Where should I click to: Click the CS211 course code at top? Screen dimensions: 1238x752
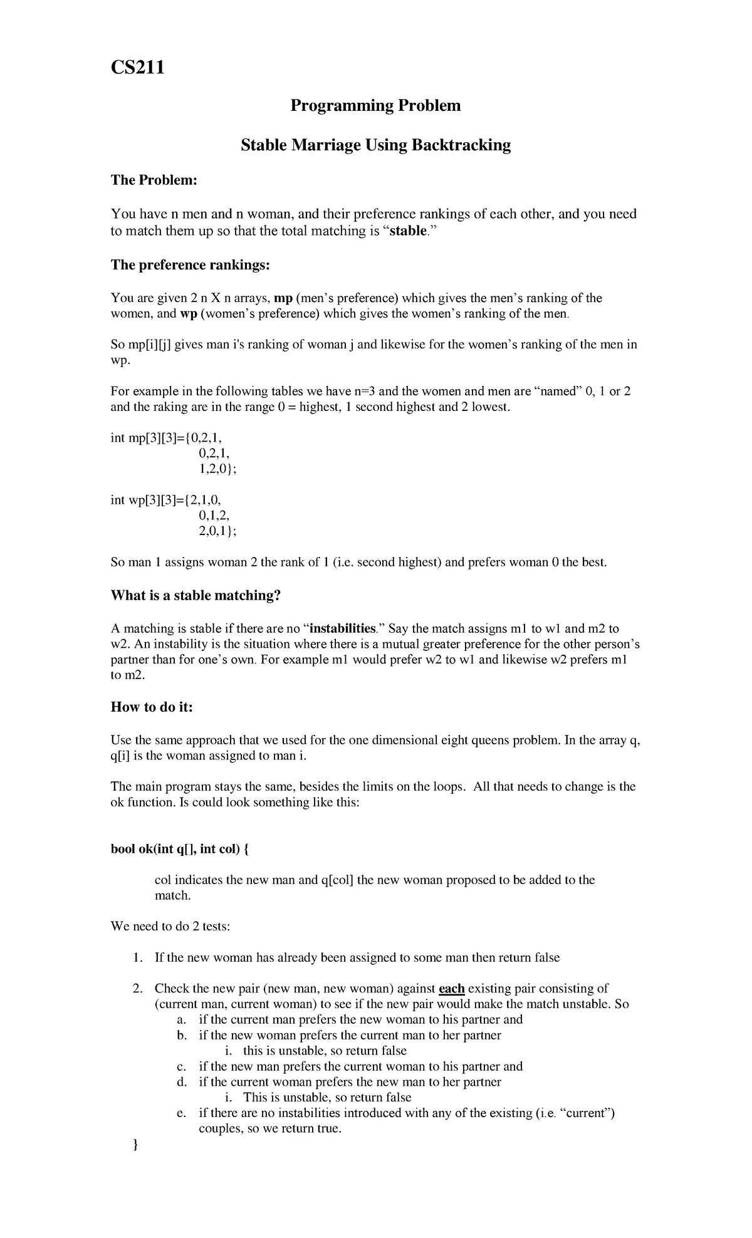(137, 66)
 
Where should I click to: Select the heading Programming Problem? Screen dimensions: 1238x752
(375, 105)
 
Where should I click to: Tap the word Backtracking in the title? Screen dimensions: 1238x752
(461, 145)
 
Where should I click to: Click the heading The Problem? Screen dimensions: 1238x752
(154, 180)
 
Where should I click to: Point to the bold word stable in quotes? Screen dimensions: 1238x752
(408, 231)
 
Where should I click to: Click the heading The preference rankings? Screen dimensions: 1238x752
(190, 265)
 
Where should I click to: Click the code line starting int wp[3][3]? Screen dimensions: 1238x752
(165, 500)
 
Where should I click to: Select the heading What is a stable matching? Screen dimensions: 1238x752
(196, 595)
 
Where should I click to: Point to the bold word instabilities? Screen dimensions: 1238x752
(343, 628)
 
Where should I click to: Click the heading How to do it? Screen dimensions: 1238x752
(152, 707)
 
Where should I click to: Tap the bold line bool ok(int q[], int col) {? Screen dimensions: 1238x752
(180, 850)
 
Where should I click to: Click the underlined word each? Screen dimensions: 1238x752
(451, 989)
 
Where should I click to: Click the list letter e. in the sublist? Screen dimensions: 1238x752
(182, 1113)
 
